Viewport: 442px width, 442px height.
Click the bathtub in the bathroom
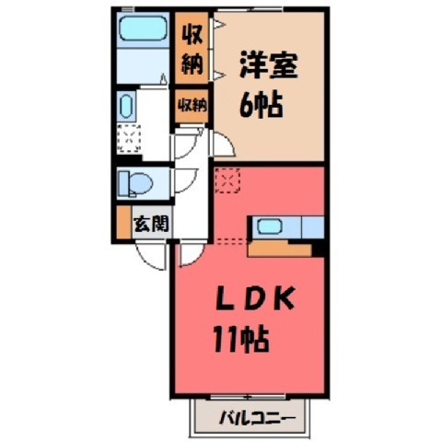click(x=144, y=28)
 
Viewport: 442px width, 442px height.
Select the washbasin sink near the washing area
click(x=126, y=106)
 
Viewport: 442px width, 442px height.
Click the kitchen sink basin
click(x=270, y=227)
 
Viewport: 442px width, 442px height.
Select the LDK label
click(x=255, y=298)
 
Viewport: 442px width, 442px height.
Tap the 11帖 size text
click(x=241, y=340)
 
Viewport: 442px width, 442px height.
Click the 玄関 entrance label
click(x=151, y=224)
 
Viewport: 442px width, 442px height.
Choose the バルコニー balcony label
click(x=257, y=418)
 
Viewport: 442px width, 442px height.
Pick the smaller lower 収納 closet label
click(x=192, y=106)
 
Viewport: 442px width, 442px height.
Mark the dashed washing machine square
click(x=129, y=138)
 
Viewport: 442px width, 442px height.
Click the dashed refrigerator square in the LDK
click(x=227, y=180)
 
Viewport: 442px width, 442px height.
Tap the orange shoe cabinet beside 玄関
click(x=124, y=222)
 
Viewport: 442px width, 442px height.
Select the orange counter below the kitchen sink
click(x=280, y=249)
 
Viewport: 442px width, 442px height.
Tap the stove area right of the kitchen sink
click(x=313, y=227)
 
